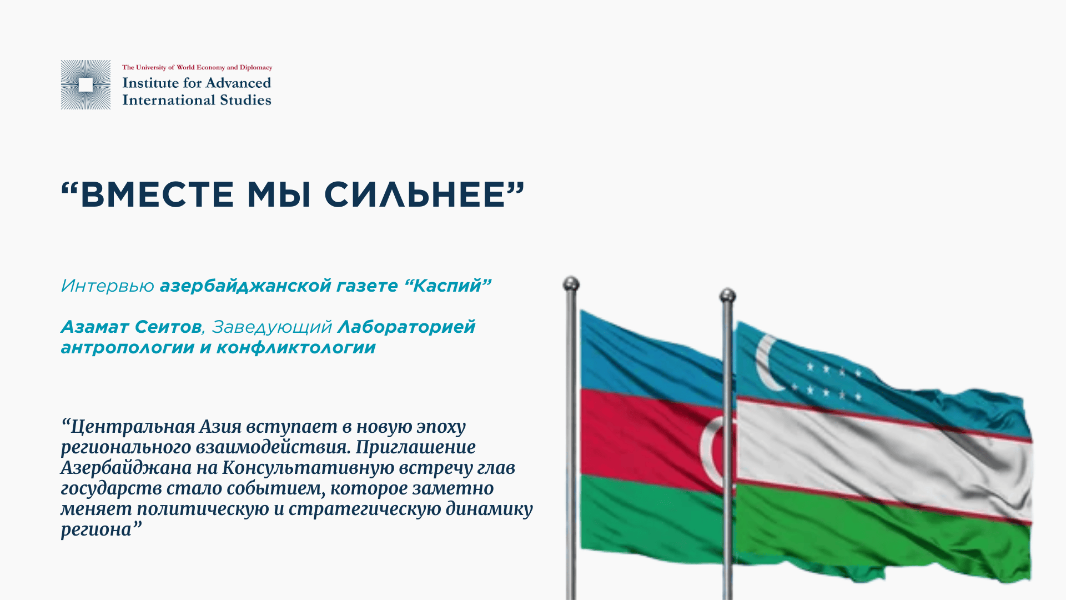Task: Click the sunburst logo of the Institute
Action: point(86,84)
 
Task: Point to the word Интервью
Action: point(107,286)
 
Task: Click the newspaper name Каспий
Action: point(447,286)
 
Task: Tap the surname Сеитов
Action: point(168,327)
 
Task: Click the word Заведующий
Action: point(272,327)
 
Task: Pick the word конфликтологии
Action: point(296,348)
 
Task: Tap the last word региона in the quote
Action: point(95,530)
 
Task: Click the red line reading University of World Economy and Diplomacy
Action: point(197,67)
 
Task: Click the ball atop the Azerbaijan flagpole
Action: point(571,284)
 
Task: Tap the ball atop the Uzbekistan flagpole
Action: point(727,295)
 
